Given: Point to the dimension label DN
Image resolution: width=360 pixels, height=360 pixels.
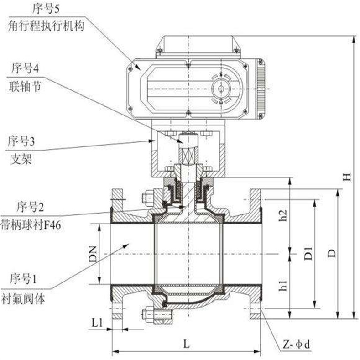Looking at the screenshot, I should (x=93, y=254).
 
